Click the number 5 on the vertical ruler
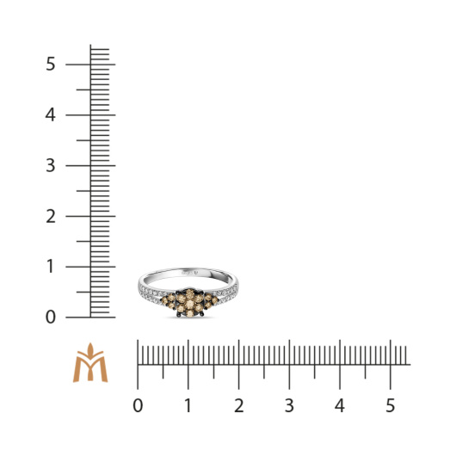pyautogui.click(x=50, y=64)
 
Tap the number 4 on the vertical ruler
pyautogui.click(x=50, y=114)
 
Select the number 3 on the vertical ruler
pyautogui.click(x=50, y=165)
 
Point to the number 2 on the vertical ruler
pyautogui.click(x=51, y=216)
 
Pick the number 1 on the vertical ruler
pyautogui.click(x=51, y=267)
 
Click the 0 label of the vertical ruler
pyautogui.click(x=50, y=317)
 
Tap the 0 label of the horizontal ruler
pyautogui.click(x=138, y=405)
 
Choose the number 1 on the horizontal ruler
pyautogui.click(x=188, y=405)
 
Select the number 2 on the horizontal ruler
pyautogui.click(x=239, y=405)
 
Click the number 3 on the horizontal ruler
pyautogui.click(x=289, y=405)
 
